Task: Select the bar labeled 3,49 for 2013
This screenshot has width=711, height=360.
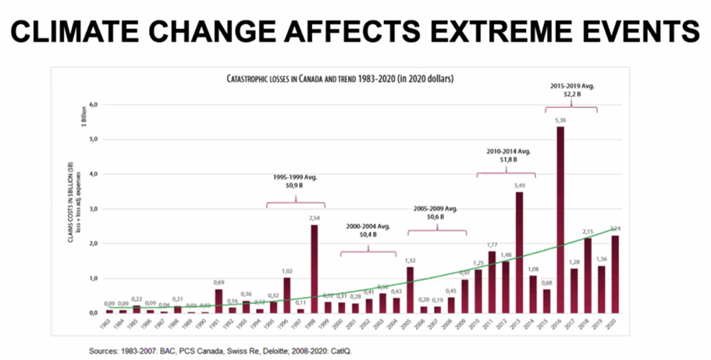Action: click(519, 252)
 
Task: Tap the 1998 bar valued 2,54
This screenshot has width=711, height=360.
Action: click(314, 269)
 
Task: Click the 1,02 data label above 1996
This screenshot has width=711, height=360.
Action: click(287, 271)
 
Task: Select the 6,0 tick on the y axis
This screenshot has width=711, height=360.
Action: click(93, 105)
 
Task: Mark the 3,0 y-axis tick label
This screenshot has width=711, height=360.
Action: click(93, 209)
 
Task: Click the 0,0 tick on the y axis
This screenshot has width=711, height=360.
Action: click(93, 313)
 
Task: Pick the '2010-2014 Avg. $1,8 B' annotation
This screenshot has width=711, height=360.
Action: click(506, 156)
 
